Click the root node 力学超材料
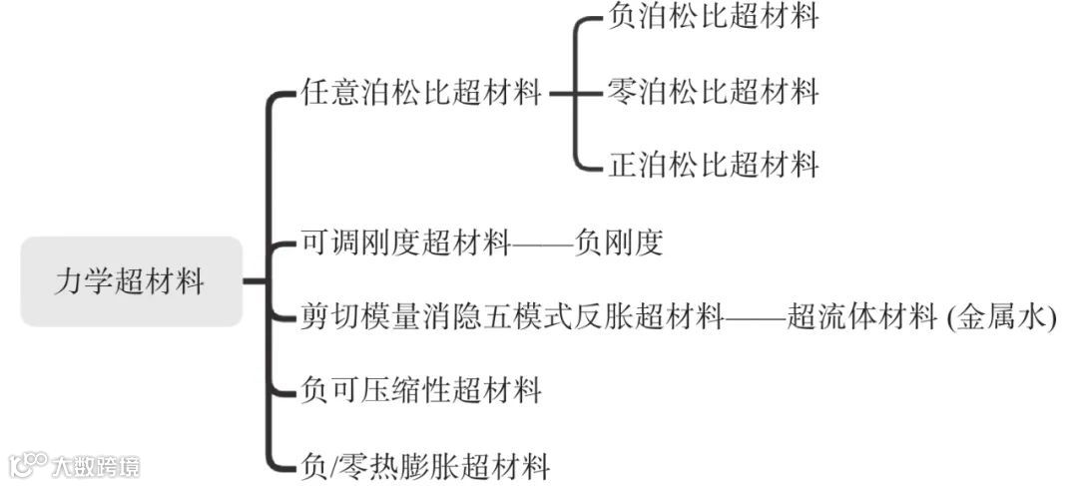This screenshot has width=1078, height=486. tap(131, 281)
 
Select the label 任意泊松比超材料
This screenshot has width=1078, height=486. tap(420, 94)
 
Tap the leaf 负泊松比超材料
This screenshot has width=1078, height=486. tap(713, 17)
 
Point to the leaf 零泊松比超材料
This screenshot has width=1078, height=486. tap(713, 93)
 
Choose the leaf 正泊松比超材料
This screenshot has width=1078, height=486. tap(713, 164)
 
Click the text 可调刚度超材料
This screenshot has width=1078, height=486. tap(405, 243)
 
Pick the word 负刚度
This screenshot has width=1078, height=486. tap(619, 243)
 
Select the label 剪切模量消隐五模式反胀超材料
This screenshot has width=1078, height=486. tap(511, 316)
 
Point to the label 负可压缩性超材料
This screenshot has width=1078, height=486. tap(420, 390)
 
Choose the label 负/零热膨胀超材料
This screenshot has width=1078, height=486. tap(424, 465)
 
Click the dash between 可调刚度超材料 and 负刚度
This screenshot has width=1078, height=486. tap(542, 243)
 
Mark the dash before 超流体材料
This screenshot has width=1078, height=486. tap(755, 317)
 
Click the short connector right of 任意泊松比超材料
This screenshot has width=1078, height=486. tap(562, 95)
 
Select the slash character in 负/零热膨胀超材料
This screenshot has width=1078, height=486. tap(335, 465)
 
